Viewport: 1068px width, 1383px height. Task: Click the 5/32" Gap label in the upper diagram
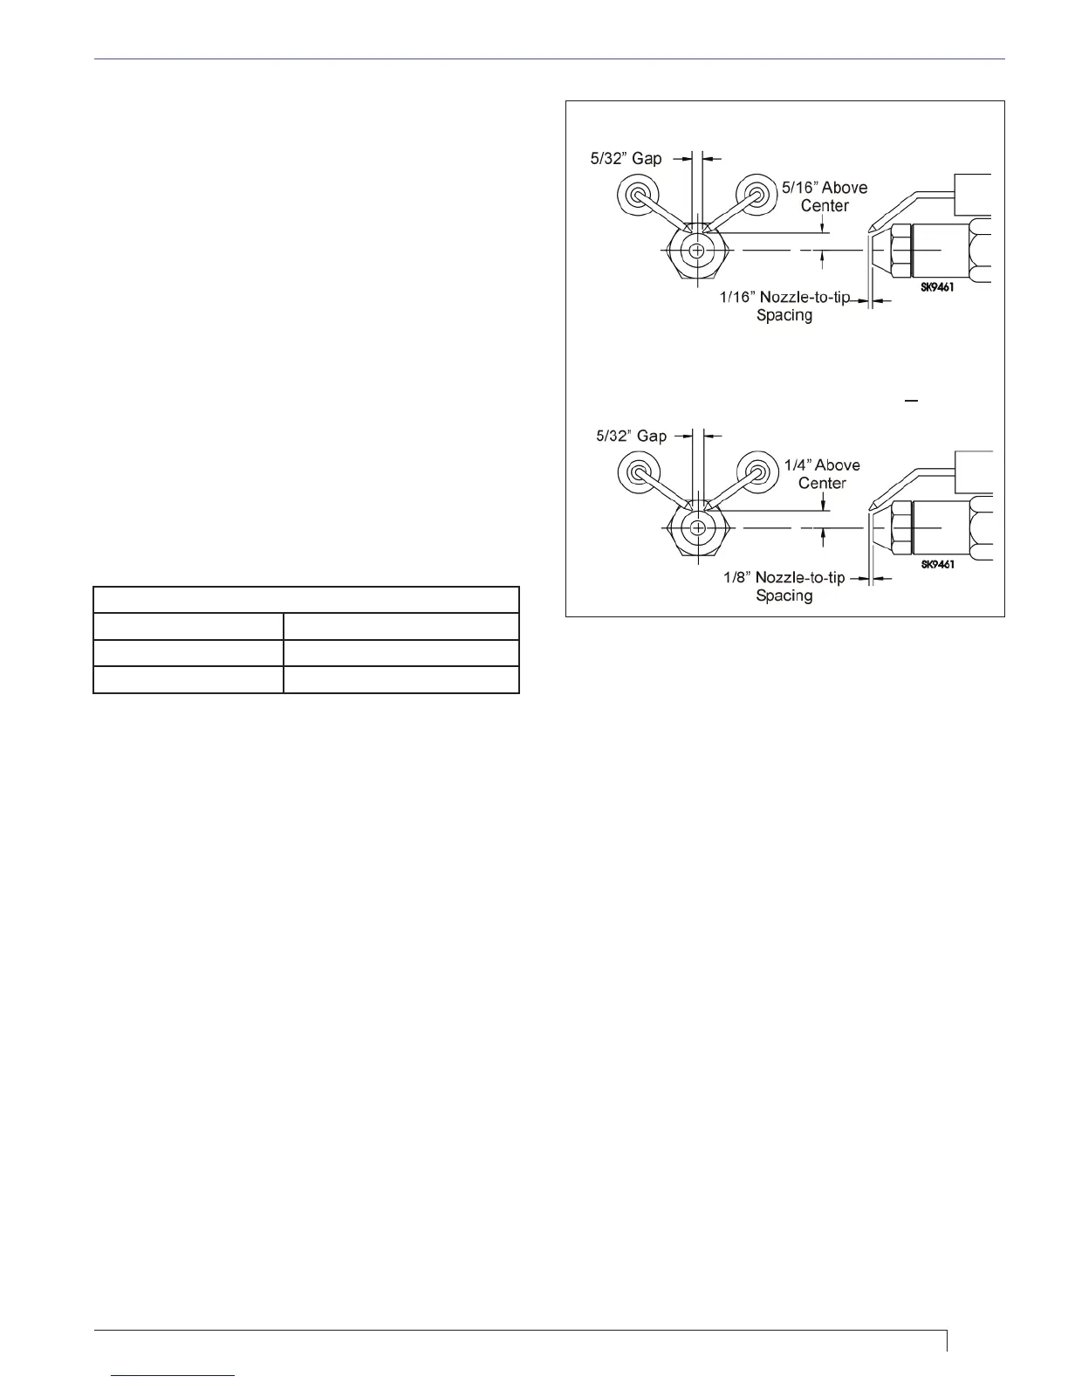[x=626, y=159]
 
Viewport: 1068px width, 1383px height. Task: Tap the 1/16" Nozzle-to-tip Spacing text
[x=784, y=306]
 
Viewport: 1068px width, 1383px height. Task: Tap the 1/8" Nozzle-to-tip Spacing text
[x=784, y=586]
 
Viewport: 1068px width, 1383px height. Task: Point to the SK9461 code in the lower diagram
[x=938, y=564]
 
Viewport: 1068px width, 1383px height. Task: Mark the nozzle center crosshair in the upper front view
[x=696, y=251]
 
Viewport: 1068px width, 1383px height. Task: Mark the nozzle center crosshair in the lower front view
[x=697, y=528]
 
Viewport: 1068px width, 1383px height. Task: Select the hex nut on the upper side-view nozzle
[x=900, y=251]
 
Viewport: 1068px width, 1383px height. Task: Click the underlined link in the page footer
[x=174, y=1375]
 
